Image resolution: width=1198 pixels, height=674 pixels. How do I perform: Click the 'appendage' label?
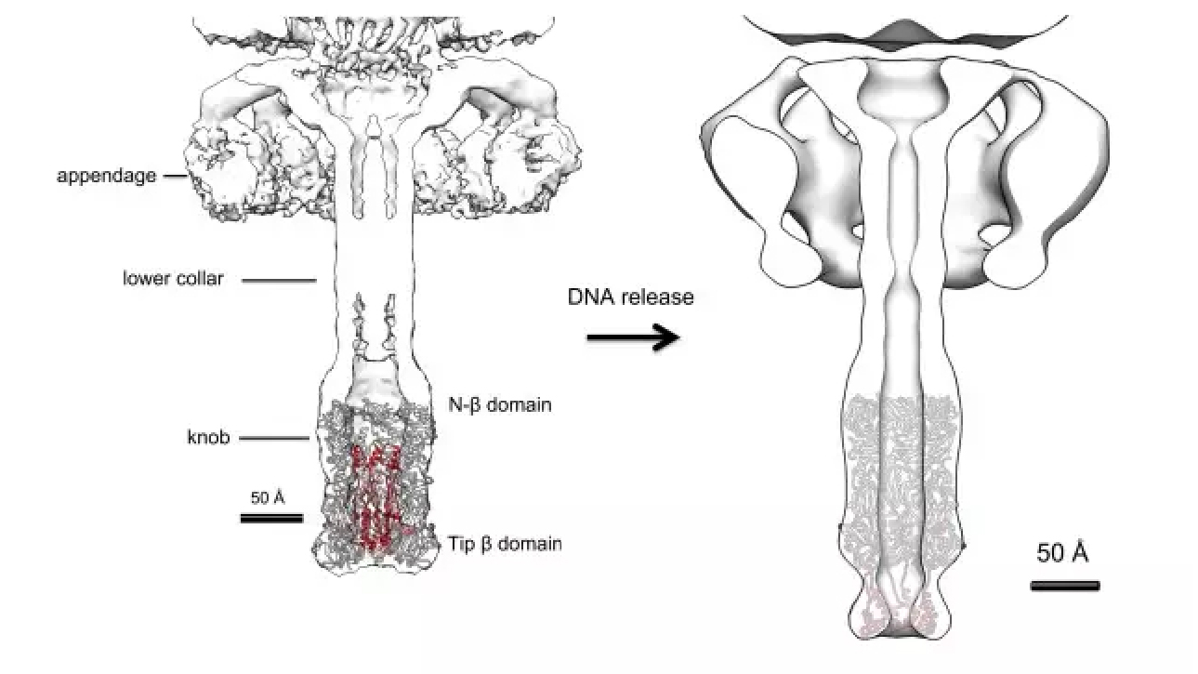(x=107, y=176)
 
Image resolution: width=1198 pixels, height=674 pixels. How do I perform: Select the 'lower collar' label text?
(x=173, y=279)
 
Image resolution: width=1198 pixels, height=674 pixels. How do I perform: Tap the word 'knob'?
(x=208, y=438)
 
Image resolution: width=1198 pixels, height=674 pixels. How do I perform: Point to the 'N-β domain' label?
(x=500, y=405)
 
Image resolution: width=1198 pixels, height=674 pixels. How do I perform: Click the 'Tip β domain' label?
(x=505, y=545)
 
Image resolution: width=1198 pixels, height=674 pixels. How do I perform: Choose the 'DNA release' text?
(x=630, y=297)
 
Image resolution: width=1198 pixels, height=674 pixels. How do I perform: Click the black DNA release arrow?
(x=633, y=337)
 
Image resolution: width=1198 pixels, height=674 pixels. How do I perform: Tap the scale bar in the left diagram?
(x=271, y=519)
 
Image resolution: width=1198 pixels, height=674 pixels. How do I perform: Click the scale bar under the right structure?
(x=1065, y=587)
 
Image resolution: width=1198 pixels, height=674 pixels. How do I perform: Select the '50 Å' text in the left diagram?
(x=268, y=498)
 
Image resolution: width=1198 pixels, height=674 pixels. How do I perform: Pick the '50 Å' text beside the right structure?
(x=1062, y=552)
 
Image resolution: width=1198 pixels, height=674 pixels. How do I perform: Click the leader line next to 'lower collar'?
(x=279, y=281)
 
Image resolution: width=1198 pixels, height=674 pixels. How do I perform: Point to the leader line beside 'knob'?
(x=274, y=439)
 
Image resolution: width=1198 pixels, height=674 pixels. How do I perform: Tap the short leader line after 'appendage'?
(x=175, y=176)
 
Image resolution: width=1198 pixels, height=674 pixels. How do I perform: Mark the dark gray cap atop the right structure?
(x=904, y=36)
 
